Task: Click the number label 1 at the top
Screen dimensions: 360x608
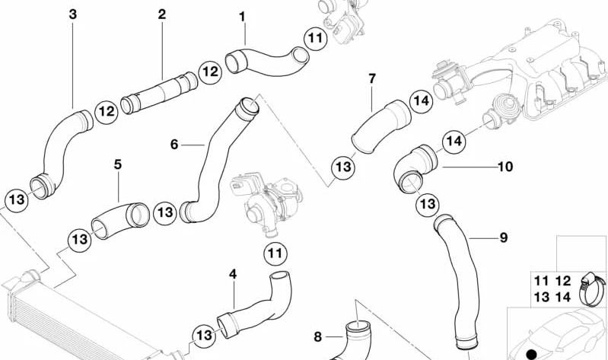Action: [242, 15]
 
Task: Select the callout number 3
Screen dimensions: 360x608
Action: [72, 14]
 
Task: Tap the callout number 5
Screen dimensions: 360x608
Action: [118, 164]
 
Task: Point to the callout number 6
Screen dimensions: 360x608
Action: [174, 144]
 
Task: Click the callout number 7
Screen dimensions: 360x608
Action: [372, 78]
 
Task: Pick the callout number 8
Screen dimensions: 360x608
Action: [318, 336]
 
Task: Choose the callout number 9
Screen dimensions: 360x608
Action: [503, 238]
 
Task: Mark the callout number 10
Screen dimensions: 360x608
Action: [505, 166]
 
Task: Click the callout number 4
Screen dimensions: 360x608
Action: [233, 273]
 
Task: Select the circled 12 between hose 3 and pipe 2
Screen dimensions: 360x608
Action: [106, 112]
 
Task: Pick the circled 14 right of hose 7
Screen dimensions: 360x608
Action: [421, 100]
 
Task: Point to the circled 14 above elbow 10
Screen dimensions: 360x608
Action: [454, 141]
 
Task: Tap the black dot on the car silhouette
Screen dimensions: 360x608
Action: [532, 353]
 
